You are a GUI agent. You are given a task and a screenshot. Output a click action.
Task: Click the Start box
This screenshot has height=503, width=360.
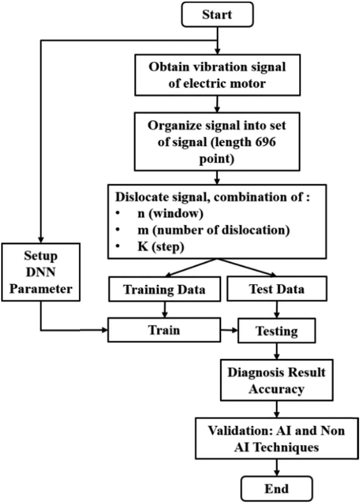[217, 15]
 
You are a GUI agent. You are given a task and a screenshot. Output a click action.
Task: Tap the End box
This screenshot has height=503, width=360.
[276, 489]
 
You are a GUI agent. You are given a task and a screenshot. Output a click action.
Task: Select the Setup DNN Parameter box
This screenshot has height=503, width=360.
[41, 272]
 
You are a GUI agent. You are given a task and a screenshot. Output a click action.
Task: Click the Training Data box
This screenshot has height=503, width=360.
[164, 289]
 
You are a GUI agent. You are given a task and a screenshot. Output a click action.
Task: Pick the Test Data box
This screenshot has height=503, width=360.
[277, 289]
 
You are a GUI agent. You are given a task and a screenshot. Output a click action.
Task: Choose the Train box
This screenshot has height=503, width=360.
[164, 330]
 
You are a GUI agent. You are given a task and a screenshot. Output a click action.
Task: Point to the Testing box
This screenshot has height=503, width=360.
[277, 331]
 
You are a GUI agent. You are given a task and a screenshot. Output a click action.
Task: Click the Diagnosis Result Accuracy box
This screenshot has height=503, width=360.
[277, 380]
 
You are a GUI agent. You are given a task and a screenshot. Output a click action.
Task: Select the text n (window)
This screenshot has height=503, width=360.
[170, 213]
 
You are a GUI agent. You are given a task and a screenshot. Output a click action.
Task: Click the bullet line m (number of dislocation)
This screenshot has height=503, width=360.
[213, 230]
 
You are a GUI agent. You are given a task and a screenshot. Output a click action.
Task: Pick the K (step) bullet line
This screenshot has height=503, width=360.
[161, 247]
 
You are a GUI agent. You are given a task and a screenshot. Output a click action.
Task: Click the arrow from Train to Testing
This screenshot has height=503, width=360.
[229, 330]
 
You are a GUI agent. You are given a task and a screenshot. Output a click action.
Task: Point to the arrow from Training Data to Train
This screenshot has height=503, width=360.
[165, 309]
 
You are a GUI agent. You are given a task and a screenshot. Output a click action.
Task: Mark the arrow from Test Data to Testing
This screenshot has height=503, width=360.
[277, 310]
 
